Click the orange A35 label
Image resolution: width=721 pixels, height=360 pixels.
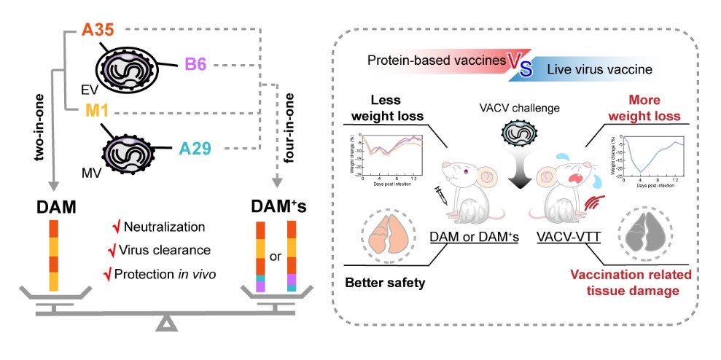(95, 31)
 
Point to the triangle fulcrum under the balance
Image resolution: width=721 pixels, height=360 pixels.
(167, 323)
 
